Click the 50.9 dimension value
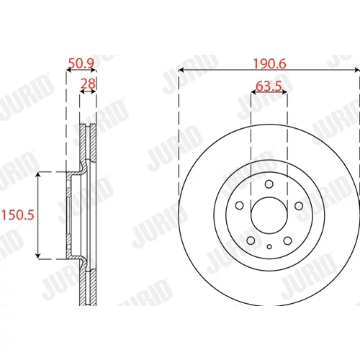81,63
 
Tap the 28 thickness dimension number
88,84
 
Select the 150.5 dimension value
18,215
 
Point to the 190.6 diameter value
269,64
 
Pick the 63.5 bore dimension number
269,86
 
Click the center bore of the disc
269,215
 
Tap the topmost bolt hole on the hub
269,184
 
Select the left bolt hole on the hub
240,206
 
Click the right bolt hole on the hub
299,206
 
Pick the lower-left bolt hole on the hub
251,240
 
